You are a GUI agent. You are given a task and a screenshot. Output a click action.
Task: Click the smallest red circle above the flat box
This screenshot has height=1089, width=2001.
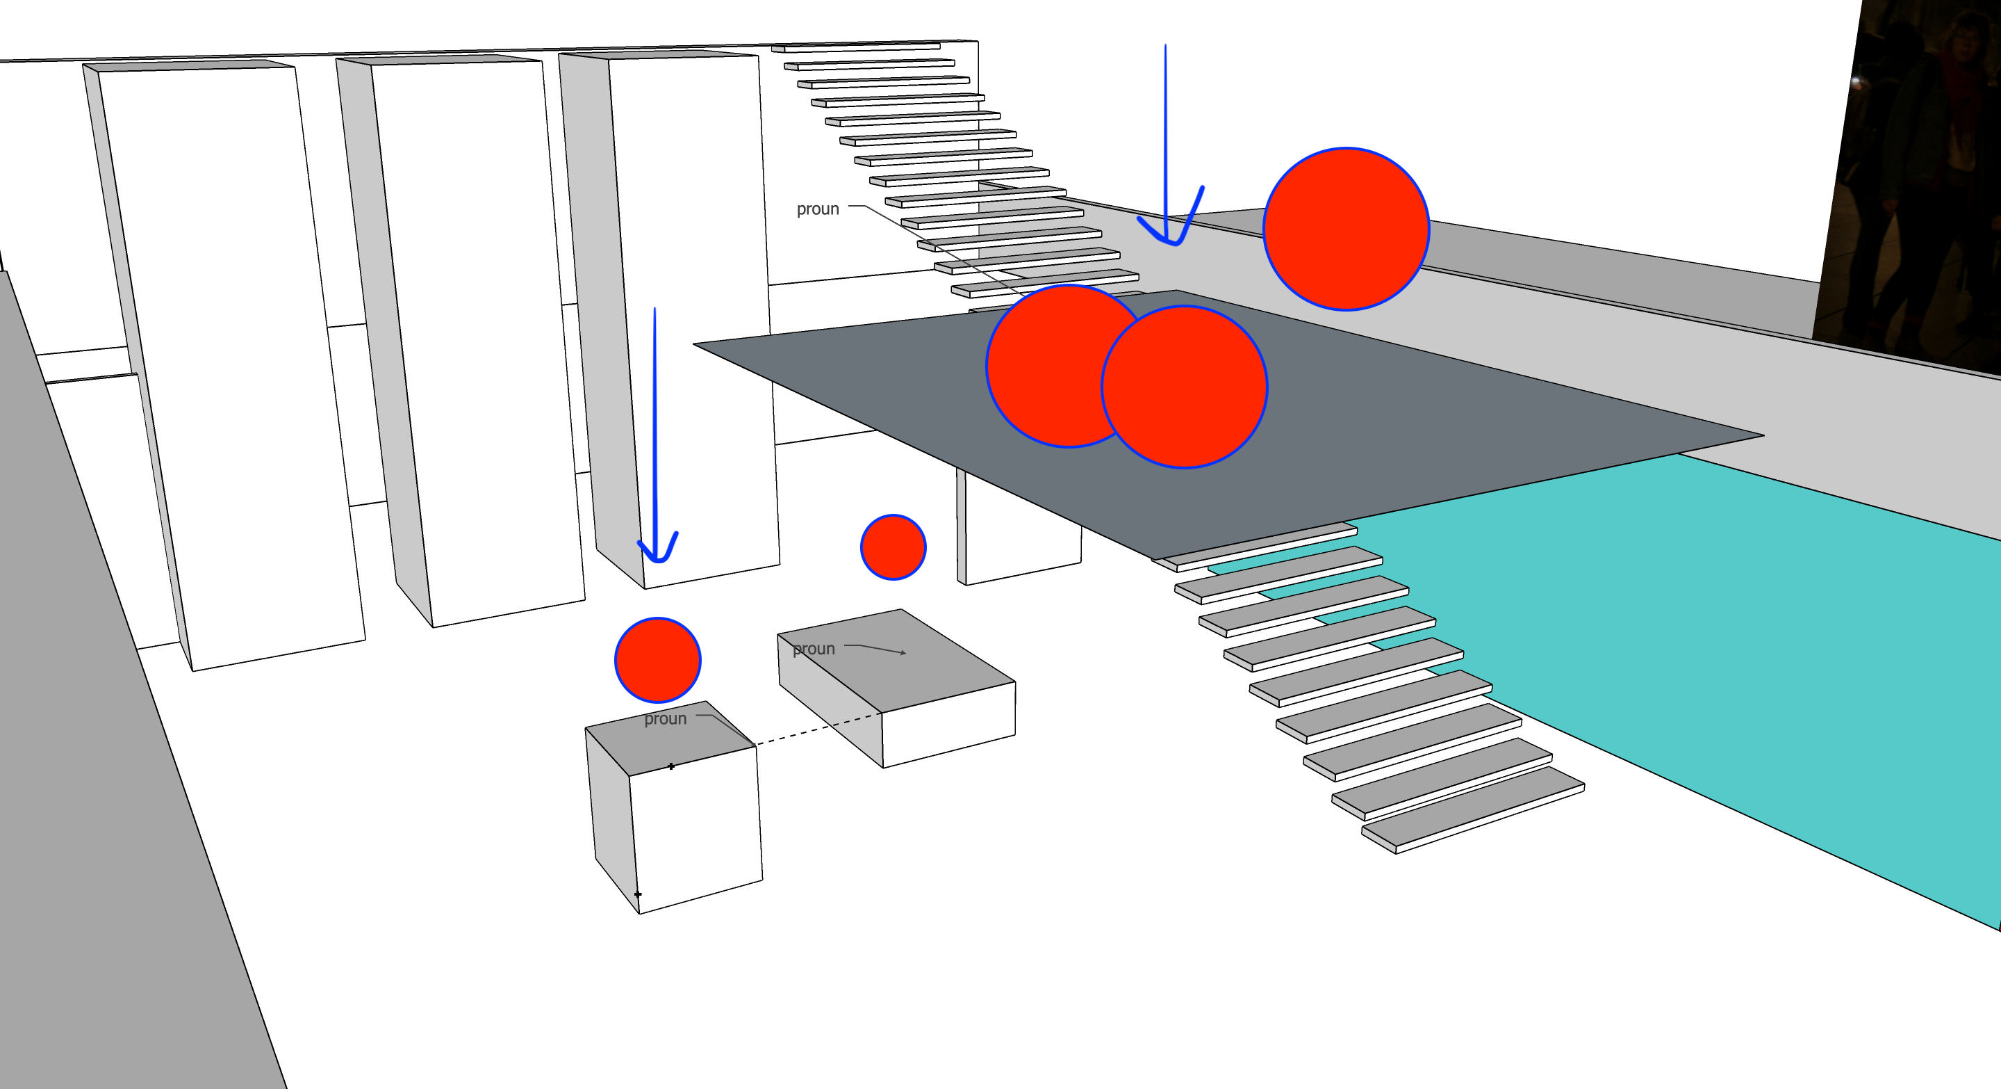[893, 547]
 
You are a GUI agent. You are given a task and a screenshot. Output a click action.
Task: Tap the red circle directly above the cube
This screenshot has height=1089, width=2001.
[657, 660]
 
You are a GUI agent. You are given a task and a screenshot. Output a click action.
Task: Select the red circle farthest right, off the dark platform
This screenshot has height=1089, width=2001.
[1347, 229]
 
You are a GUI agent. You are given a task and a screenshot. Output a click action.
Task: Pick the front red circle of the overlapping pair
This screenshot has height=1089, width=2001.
[1185, 387]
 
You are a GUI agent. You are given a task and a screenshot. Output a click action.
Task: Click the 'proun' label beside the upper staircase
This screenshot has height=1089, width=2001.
[817, 209]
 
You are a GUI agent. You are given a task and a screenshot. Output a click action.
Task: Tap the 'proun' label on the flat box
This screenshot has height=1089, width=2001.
[814, 649]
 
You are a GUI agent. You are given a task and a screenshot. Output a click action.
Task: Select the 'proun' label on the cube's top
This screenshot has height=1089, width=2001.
[665, 719]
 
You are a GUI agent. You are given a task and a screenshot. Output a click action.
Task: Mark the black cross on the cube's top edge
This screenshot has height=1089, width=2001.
[671, 766]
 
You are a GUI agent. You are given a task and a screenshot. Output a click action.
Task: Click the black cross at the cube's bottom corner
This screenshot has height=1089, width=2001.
[638, 895]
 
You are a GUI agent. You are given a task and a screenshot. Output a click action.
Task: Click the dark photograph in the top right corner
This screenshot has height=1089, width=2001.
[1911, 171]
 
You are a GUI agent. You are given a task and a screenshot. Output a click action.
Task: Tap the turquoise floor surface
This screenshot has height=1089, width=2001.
[1748, 661]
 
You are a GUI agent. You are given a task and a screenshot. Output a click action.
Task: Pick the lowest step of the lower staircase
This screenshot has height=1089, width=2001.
[1476, 812]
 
